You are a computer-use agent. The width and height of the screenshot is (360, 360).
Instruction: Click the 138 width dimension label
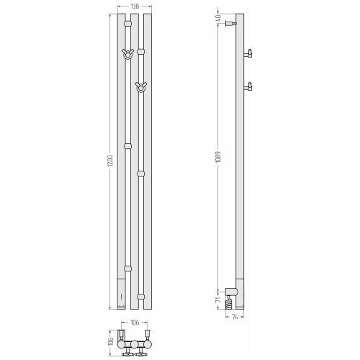[x=135, y=6]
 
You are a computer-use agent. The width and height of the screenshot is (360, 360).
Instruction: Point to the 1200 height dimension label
[x=110, y=161]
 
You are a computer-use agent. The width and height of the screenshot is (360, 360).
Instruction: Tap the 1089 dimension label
[x=218, y=157]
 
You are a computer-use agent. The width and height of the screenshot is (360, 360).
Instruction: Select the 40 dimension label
[x=218, y=18]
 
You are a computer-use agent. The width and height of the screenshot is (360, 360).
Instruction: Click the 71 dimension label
[x=218, y=300]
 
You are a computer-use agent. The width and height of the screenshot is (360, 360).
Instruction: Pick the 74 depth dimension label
[x=235, y=317]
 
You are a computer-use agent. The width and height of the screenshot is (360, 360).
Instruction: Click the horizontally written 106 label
[x=135, y=323]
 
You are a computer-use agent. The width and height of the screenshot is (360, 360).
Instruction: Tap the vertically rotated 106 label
[x=111, y=341]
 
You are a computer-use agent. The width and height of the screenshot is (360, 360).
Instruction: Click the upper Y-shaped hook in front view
[x=127, y=54]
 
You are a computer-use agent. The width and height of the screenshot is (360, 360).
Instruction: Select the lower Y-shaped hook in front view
[x=140, y=87]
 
